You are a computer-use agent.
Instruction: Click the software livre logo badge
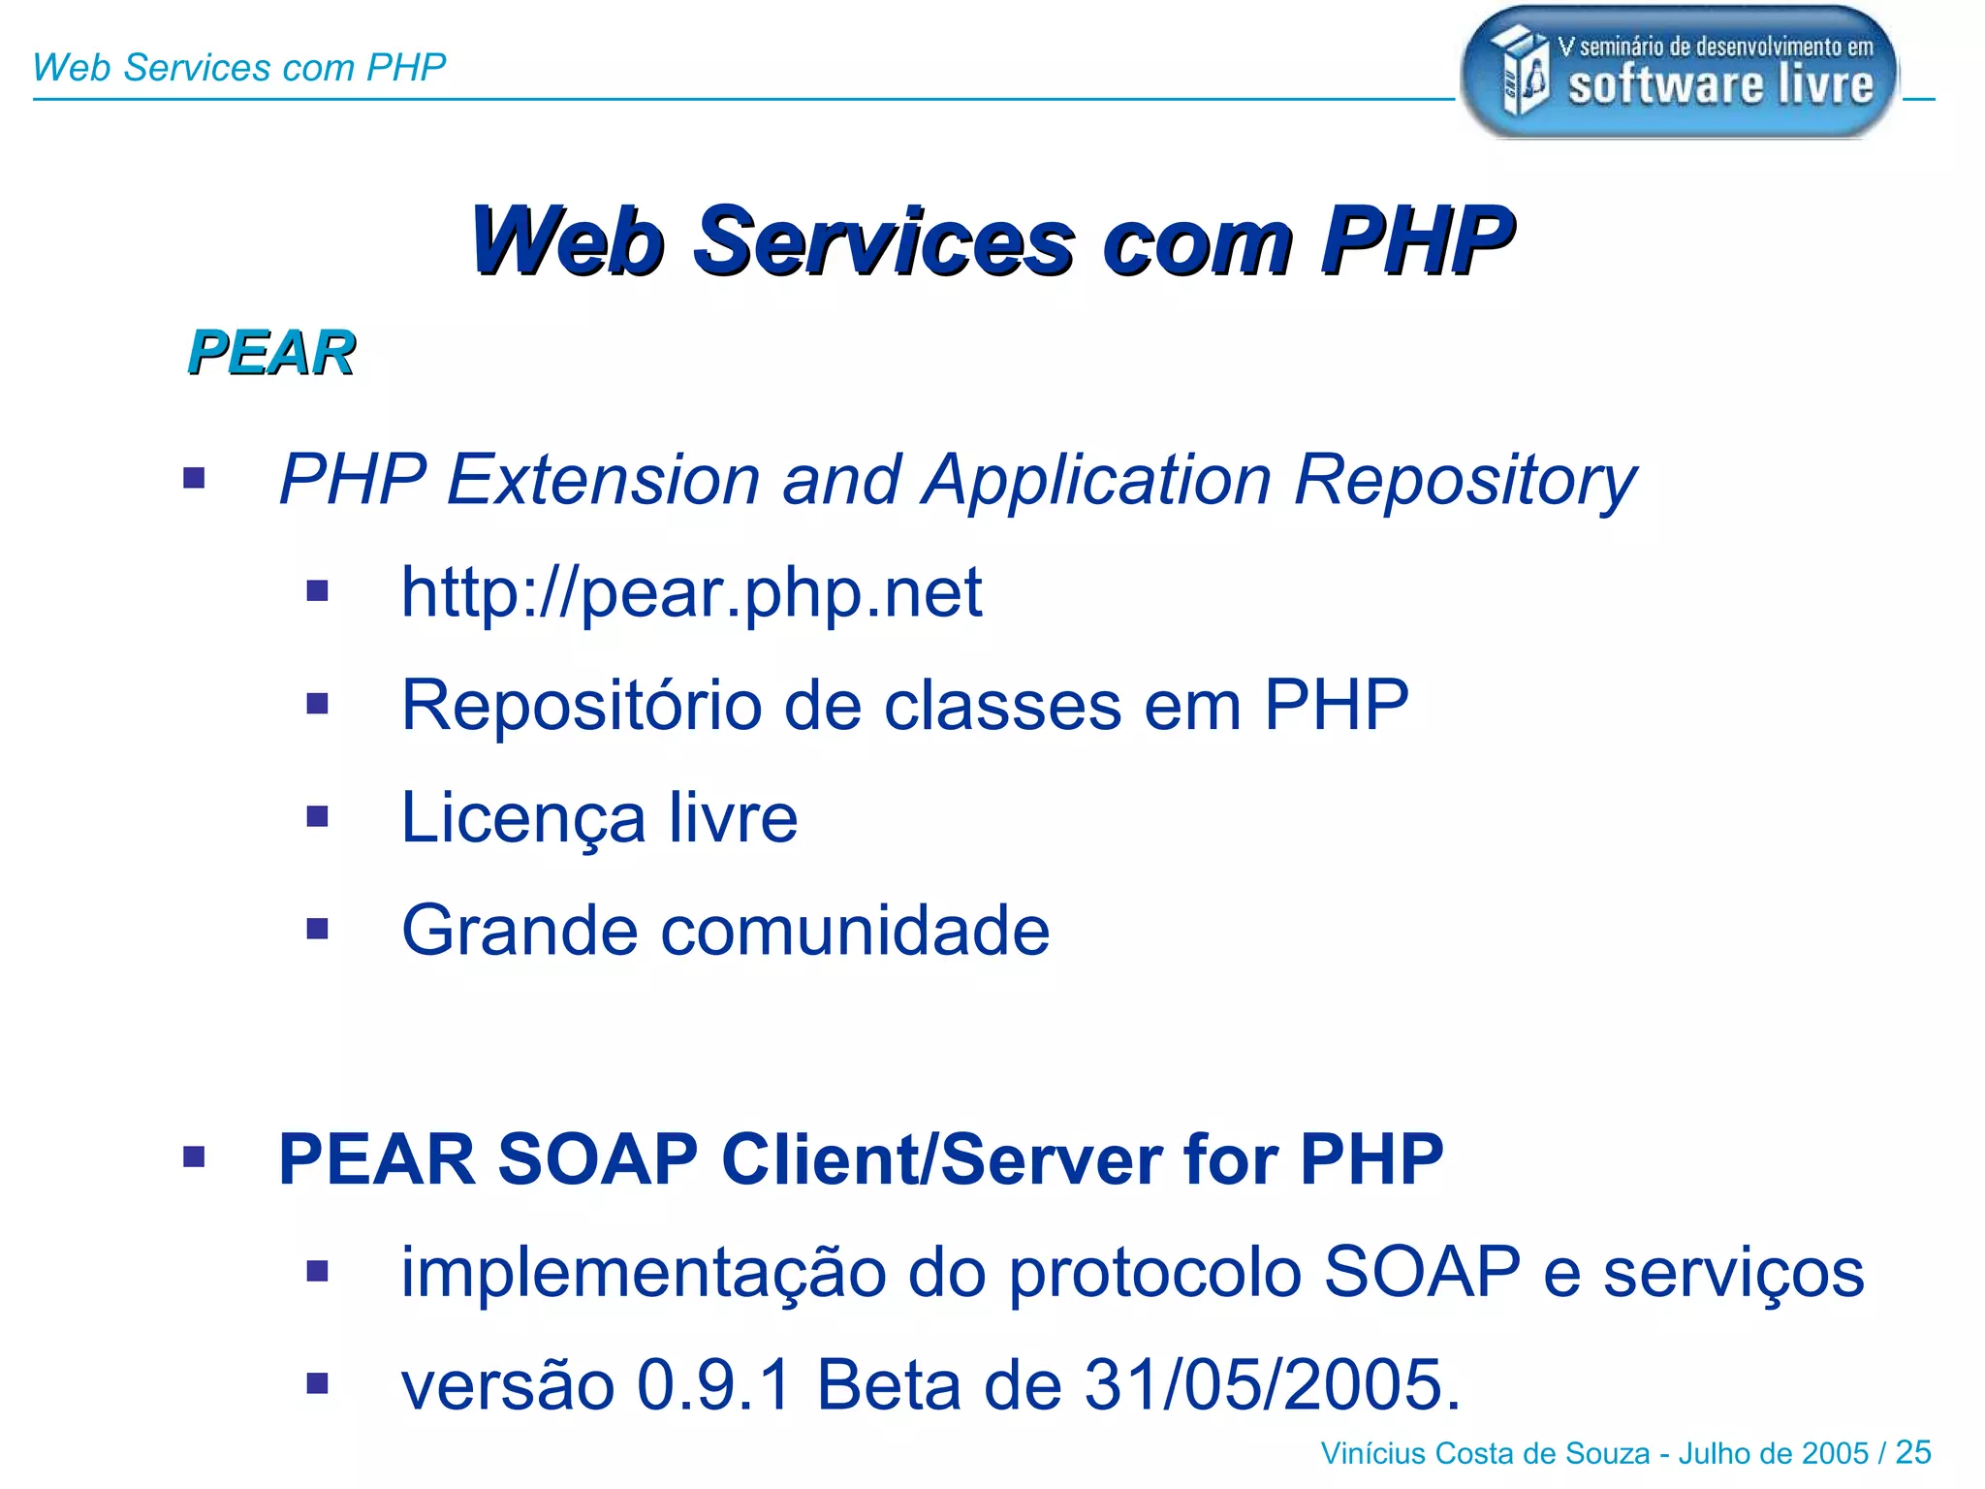click(x=1679, y=73)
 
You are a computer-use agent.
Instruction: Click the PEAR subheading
click(x=271, y=352)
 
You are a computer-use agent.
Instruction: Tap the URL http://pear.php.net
click(x=691, y=592)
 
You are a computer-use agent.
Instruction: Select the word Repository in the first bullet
click(x=1465, y=481)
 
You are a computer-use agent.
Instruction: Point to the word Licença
click(x=523, y=819)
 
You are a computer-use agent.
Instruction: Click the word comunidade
click(x=856, y=931)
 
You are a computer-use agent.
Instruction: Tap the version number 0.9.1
click(x=714, y=1384)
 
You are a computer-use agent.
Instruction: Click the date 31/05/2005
click(x=1271, y=1384)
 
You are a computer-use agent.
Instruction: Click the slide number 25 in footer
click(x=1913, y=1452)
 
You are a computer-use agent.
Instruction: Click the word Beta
click(x=889, y=1384)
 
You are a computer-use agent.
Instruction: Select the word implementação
click(x=644, y=1274)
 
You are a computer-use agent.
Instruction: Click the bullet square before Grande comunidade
click(x=317, y=930)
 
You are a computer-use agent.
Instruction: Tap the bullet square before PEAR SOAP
click(x=194, y=1156)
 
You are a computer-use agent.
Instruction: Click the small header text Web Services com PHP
click(x=238, y=68)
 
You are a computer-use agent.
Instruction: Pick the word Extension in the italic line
click(x=603, y=480)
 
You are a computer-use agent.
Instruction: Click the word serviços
click(x=1733, y=1274)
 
